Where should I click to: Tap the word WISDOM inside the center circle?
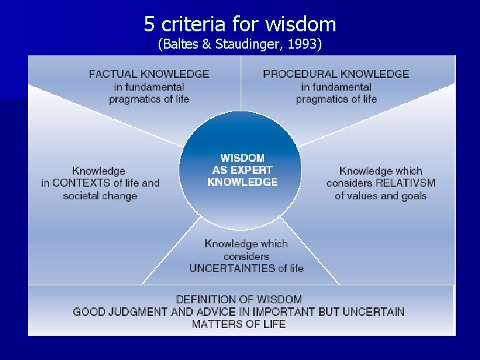point(243,158)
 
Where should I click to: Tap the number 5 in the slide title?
point(149,25)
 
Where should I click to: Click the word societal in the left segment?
point(81,196)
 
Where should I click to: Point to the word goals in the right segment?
point(413,196)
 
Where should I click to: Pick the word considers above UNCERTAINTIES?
point(247,256)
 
